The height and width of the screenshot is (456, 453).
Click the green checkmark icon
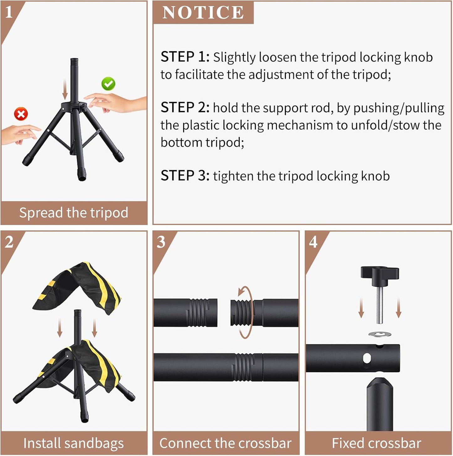pyautogui.click(x=108, y=84)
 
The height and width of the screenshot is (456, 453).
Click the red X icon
pyautogui.click(x=21, y=114)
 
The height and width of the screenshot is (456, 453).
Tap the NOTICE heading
pyautogui.click(x=203, y=13)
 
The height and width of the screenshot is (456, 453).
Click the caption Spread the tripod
pyautogui.click(x=74, y=213)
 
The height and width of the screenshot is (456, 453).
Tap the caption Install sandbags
pyautogui.click(x=74, y=443)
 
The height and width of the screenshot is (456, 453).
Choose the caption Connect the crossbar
pyautogui.click(x=225, y=443)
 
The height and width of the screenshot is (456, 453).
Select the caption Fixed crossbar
pyautogui.click(x=377, y=443)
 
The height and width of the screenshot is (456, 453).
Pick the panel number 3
pyautogui.click(x=161, y=242)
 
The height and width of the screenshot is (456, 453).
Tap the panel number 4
pyautogui.click(x=313, y=242)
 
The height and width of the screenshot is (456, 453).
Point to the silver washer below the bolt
pyautogui.click(x=380, y=334)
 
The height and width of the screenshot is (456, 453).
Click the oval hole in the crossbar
pyautogui.click(x=366, y=358)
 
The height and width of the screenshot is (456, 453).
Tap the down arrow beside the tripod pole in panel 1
pyautogui.click(x=65, y=89)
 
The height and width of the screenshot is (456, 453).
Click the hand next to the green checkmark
pyautogui.click(x=116, y=102)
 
